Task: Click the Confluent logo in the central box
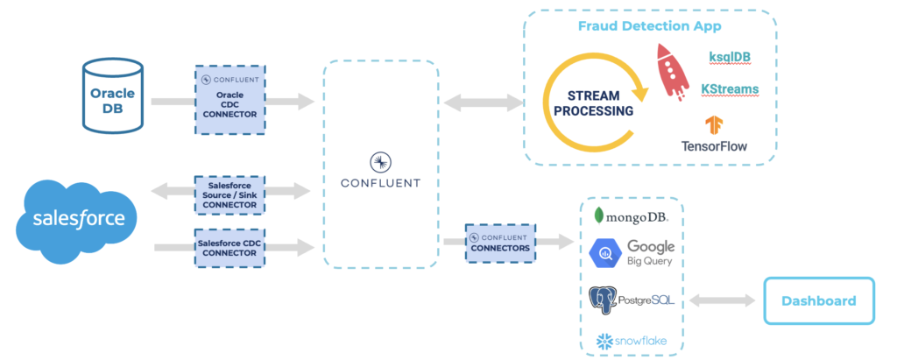[x=381, y=161]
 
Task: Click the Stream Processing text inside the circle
[x=597, y=103]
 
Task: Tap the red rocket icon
[x=673, y=71]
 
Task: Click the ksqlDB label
[x=729, y=57]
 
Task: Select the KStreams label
[x=729, y=89]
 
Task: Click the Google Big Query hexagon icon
[x=606, y=253]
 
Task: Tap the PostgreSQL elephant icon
[x=602, y=300]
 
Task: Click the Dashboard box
[x=818, y=300]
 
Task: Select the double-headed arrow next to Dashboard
[x=723, y=300]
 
